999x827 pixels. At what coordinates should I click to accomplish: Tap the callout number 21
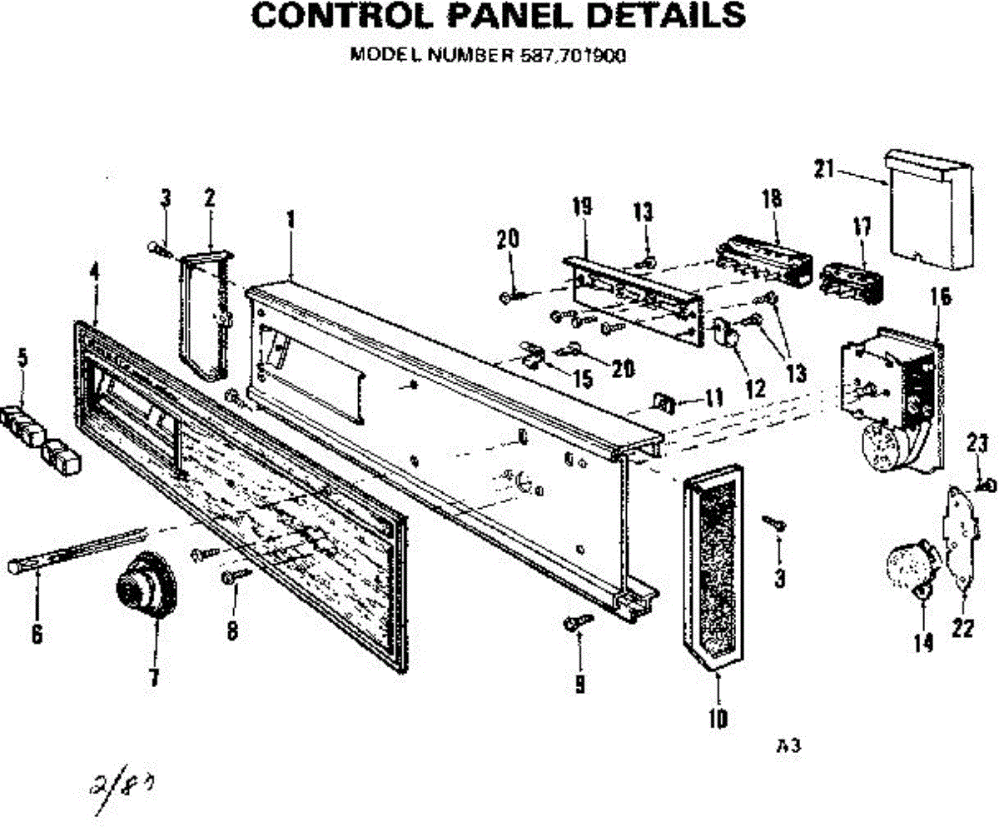[x=823, y=169]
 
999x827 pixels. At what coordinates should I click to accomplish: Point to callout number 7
[x=154, y=678]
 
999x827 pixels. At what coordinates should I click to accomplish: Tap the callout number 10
[x=718, y=717]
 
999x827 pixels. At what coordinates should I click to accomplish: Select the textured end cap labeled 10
[x=713, y=566]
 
